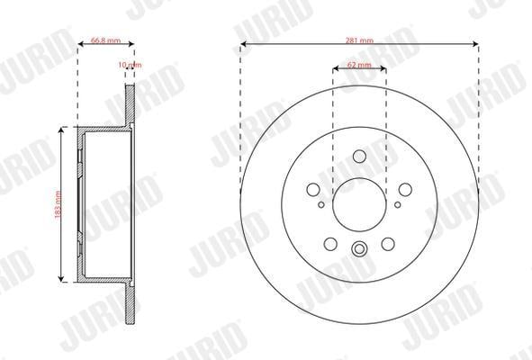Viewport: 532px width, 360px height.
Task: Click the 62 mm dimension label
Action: pyautogui.click(x=359, y=65)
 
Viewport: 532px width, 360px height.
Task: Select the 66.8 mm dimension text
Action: pyautogui.click(x=105, y=40)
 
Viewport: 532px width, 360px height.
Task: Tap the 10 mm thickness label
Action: pyautogui.click(x=130, y=65)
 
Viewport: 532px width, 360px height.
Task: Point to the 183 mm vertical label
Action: pyautogui.click(x=58, y=204)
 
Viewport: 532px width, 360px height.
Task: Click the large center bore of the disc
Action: pyautogui.click(x=359, y=204)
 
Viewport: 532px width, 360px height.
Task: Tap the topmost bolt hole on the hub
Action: pyautogui.click(x=359, y=157)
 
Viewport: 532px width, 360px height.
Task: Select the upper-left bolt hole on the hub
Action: pyautogui.click(x=313, y=190)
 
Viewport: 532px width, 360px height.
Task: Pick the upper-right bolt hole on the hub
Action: pyautogui.click(x=405, y=190)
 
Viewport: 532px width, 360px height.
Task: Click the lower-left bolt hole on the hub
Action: pyautogui.click(x=330, y=244)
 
